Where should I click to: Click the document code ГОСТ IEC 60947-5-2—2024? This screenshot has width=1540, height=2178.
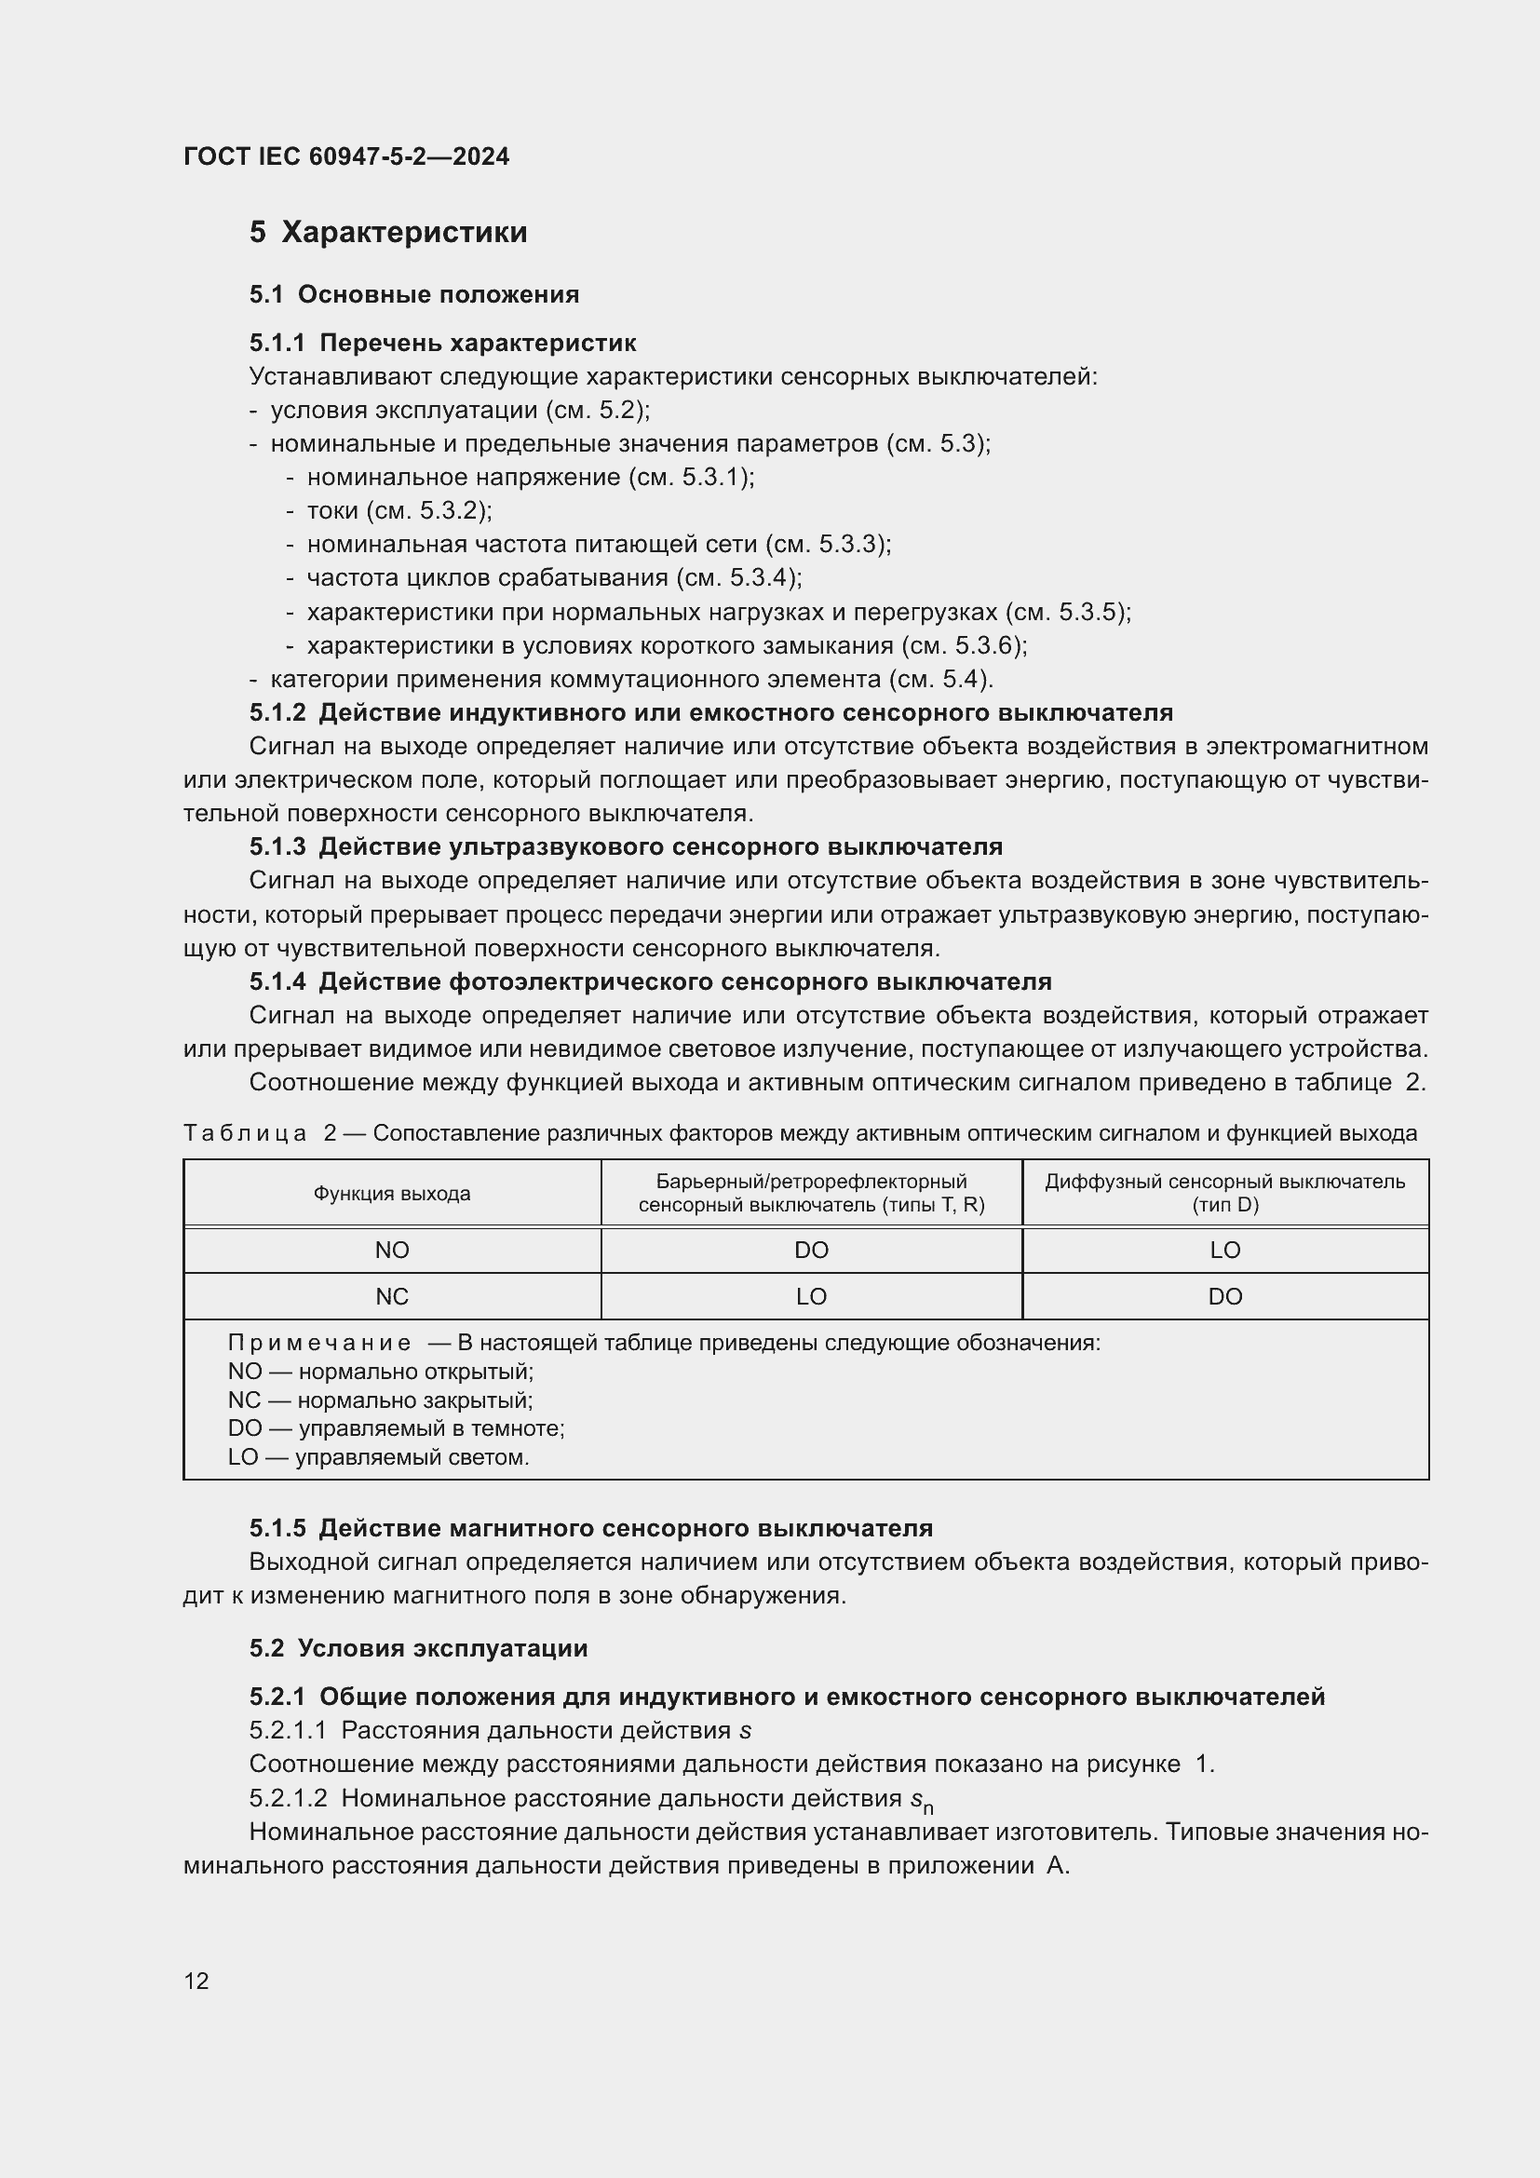click(x=346, y=156)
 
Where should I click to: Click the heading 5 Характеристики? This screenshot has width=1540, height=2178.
click(x=388, y=233)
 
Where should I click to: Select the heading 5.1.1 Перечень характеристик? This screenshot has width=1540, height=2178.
click(x=442, y=343)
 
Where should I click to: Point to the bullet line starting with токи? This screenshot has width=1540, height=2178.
click(x=399, y=511)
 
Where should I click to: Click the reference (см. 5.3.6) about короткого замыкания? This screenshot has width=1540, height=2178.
click(x=963, y=646)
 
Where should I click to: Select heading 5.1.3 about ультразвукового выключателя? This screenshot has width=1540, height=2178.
click(x=626, y=846)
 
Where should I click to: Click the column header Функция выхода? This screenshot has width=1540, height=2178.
click(x=392, y=1194)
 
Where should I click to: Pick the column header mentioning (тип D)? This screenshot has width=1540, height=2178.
click(x=1224, y=1194)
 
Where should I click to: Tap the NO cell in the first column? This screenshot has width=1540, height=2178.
click(x=392, y=1251)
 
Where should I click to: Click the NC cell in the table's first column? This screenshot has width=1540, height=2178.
click(x=392, y=1297)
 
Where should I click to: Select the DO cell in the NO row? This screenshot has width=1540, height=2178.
click(x=811, y=1251)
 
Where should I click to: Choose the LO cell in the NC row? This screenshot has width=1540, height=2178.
click(x=811, y=1297)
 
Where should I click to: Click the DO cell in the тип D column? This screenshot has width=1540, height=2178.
click(x=1224, y=1297)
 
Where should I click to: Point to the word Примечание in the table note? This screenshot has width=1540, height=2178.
click(x=319, y=1344)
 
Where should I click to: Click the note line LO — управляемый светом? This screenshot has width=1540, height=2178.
click(x=378, y=1457)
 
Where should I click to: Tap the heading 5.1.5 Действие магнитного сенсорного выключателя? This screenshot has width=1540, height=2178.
click(x=591, y=1528)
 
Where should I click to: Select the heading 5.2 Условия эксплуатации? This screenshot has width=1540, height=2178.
click(x=418, y=1648)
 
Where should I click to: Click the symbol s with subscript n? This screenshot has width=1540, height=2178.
click(x=921, y=1801)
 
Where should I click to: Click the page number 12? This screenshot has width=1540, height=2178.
click(x=196, y=1981)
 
